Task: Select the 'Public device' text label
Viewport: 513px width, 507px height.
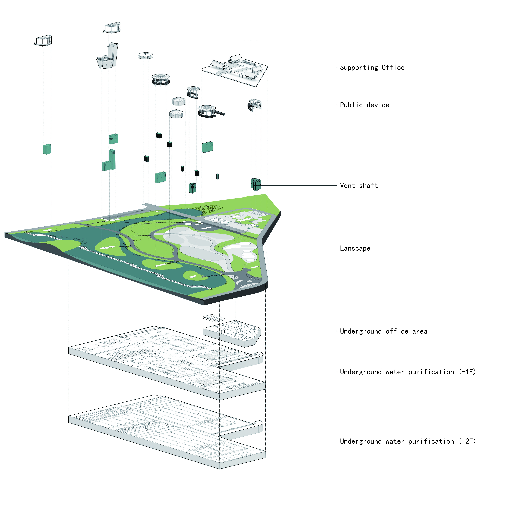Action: pos(365,105)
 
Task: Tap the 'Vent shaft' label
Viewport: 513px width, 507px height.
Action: pos(359,186)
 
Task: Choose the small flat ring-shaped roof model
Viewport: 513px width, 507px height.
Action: pos(145,56)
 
